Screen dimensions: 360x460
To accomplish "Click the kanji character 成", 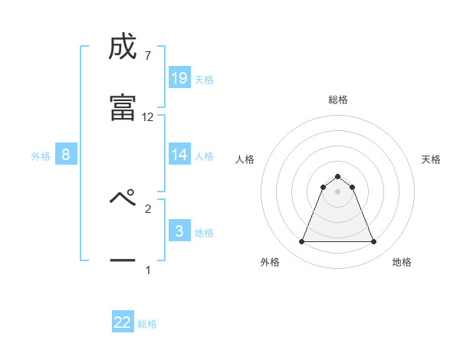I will (x=123, y=47).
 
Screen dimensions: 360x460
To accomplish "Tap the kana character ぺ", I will (x=123, y=201).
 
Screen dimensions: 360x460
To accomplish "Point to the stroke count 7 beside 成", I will (x=147, y=55).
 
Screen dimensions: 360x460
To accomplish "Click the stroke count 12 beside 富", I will (x=148, y=117).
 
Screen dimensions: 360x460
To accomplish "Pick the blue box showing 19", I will (x=179, y=78).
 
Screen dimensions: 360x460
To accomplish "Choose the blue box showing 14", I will (x=179, y=155).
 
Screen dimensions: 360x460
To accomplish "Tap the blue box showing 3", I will (x=179, y=231).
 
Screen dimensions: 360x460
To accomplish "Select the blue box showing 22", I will (x=123, y=322).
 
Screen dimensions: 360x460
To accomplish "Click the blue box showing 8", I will (x=66, y=155).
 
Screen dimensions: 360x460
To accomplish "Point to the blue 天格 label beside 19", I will (x=204, y=79).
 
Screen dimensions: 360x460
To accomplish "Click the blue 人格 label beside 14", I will (x=204, y=156).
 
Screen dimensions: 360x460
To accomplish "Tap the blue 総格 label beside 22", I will (x=147, y=324).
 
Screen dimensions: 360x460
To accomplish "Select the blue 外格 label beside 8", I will (x=41, y=156).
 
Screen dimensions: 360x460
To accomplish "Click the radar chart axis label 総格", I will (x=338, y=100).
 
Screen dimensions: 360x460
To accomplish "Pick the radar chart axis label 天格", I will (x=431, y=159).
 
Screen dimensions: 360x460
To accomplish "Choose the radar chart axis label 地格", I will (x=402, y=262).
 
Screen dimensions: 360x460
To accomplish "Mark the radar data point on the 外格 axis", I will (x=302, y=242).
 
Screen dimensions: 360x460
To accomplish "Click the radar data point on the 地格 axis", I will (x=373, y=242).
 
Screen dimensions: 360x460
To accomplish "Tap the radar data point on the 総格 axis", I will (x=338, y=176).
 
